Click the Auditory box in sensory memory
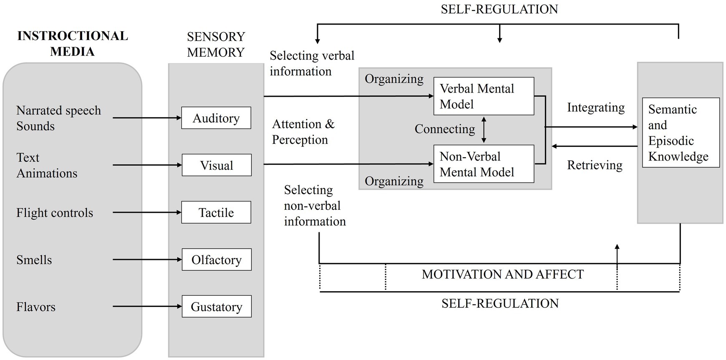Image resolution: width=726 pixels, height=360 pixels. point(216,118)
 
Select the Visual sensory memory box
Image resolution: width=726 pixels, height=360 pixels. point(217,165)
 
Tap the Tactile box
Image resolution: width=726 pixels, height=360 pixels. point(216,212)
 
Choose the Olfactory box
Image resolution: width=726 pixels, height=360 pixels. point(217,259)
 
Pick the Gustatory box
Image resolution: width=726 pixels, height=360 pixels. point(217,307)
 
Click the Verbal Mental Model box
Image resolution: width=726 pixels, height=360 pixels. point(484,96)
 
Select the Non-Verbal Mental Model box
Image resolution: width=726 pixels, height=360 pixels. point(484,164)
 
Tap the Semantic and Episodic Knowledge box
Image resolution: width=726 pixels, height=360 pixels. point(681,133)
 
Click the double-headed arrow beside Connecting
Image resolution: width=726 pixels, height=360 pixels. point(484,129)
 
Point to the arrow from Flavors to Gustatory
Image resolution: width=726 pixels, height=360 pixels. point(147,307)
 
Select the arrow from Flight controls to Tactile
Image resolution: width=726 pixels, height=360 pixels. point(147,212)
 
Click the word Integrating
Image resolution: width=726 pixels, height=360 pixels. point(595,108)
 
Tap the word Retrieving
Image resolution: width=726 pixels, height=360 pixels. point(595,165)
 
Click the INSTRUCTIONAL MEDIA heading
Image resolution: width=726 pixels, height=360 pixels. point(73,43)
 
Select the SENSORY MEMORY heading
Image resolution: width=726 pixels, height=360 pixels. point(216,44)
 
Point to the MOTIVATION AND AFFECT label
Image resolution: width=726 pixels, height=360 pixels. point(502,274)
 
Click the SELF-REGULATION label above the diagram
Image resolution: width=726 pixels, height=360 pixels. point(499,9)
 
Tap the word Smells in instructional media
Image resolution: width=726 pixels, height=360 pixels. point(34,260)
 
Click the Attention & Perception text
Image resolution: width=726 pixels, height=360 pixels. point(303,132)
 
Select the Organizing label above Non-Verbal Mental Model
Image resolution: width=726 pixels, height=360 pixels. point(394,181)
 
